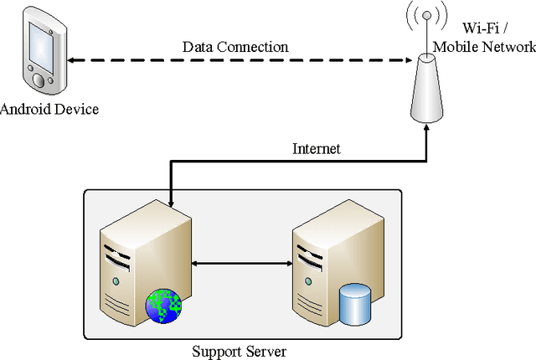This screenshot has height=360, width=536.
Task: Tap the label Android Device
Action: (49, 109)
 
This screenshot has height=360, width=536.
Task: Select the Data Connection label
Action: (235, 47)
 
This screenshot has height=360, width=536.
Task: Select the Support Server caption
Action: (238, 349)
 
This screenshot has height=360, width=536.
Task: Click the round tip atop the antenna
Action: (426, 14)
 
